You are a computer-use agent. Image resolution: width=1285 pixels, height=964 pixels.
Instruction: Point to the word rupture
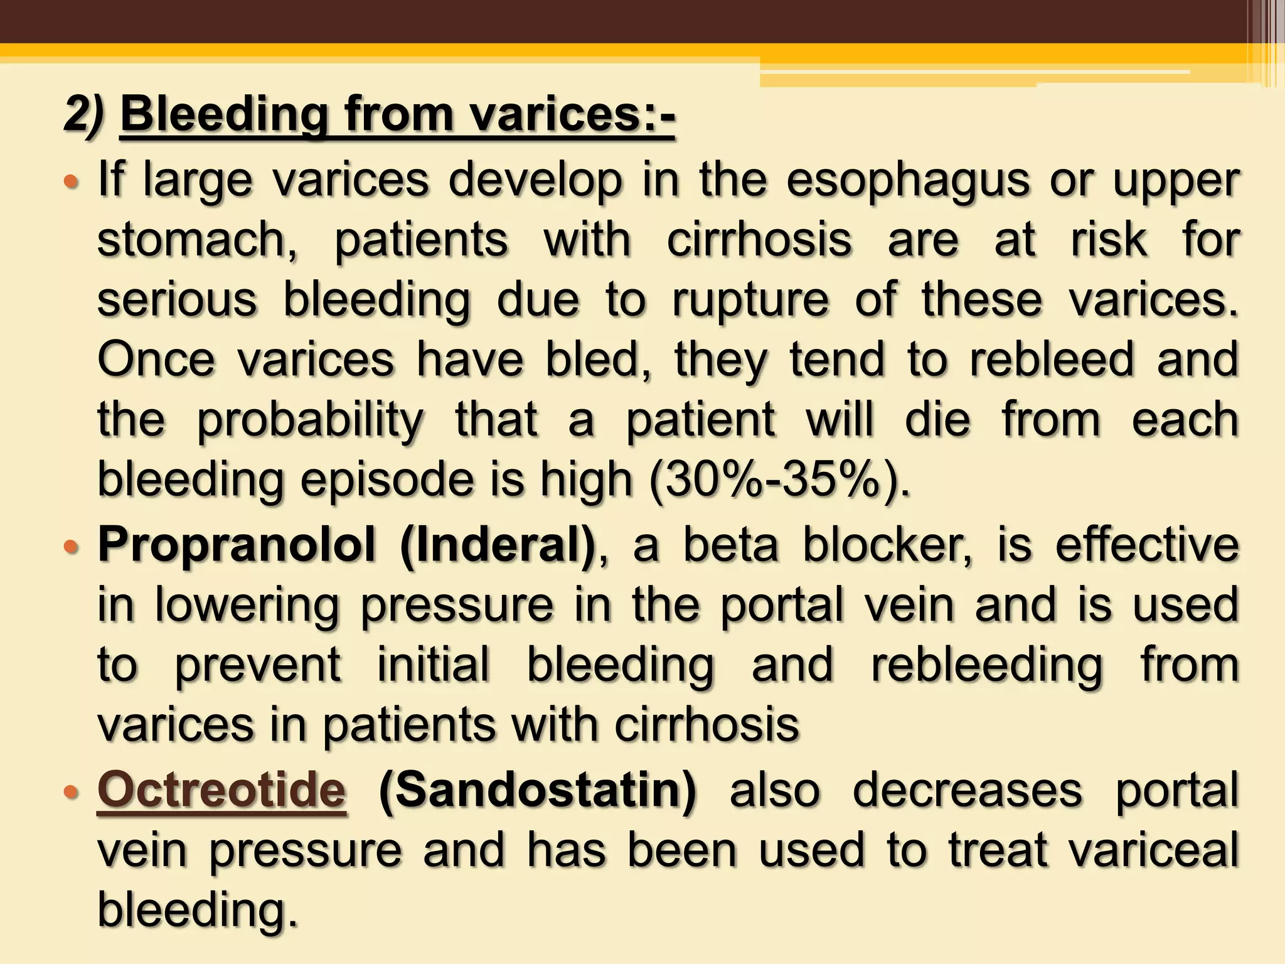pos(750,301)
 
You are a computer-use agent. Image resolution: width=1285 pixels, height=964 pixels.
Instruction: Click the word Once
pos(156,360)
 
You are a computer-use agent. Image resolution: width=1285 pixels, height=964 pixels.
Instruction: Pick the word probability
pos(311,420)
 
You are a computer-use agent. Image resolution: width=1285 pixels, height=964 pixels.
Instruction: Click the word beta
pos(730,545)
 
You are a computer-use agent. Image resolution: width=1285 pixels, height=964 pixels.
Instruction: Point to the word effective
pos(1147,545)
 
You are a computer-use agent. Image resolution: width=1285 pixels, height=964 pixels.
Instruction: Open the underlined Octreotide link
pos(221,790)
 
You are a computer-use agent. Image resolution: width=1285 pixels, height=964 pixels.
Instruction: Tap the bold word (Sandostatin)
pos(538,790)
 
